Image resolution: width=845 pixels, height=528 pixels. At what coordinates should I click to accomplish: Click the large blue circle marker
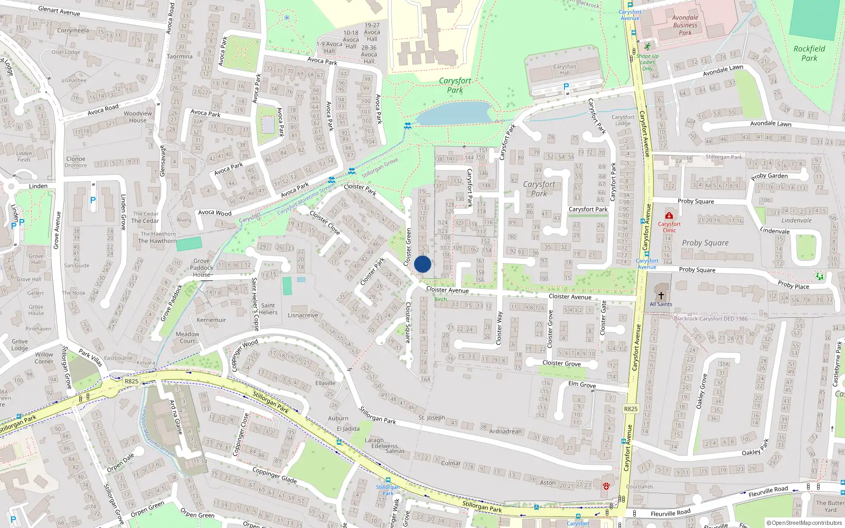[422, 264]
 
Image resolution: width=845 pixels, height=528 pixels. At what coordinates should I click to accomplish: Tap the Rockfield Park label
[809, 53]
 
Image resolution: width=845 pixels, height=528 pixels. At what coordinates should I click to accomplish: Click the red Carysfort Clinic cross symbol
[669, 216]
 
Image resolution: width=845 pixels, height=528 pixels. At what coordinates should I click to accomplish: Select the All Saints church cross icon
[661, 295]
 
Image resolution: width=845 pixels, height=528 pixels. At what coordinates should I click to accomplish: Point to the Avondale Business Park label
[685, 25]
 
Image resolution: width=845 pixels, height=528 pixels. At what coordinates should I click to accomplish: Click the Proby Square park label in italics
[705, 243]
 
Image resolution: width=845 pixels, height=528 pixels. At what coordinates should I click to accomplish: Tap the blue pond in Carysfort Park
[455, 113]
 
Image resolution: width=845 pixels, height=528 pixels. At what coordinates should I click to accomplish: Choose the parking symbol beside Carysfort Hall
[566, 87]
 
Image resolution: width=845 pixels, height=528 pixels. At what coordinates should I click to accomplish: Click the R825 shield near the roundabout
[132, 381]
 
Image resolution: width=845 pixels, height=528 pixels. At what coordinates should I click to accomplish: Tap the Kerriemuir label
[211, 320]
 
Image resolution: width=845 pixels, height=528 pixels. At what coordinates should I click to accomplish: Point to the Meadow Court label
[187, 337]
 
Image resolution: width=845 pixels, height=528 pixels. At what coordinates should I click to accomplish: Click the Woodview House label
[138, 117]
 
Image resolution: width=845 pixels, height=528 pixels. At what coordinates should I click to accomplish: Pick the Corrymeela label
[73, 31]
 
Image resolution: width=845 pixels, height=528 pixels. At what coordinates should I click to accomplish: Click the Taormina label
[180, 56]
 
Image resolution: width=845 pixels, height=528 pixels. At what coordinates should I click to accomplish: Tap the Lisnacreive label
[303, 315]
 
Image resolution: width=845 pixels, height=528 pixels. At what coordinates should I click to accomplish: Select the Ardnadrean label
[505, 431]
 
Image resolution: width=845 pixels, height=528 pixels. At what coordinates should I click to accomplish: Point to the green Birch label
[440, 299]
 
